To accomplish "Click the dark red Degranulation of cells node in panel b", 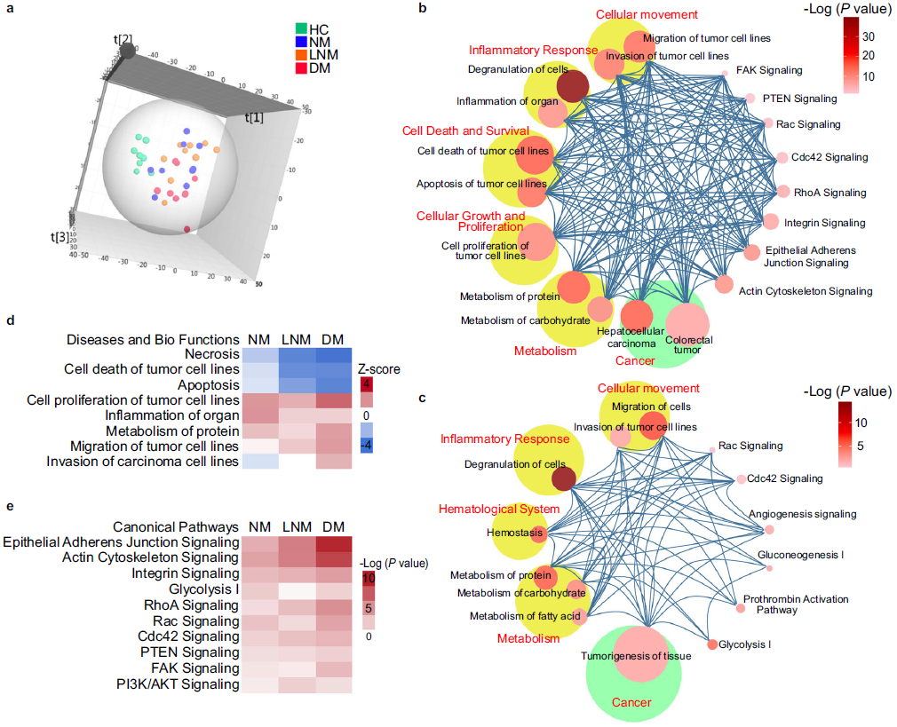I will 573,86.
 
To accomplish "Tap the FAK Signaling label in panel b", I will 769,70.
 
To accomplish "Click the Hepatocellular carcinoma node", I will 636,315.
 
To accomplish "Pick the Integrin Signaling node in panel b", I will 770,222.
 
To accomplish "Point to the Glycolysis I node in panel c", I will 711,644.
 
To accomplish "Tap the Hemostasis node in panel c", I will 538,533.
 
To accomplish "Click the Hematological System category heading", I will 498,509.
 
